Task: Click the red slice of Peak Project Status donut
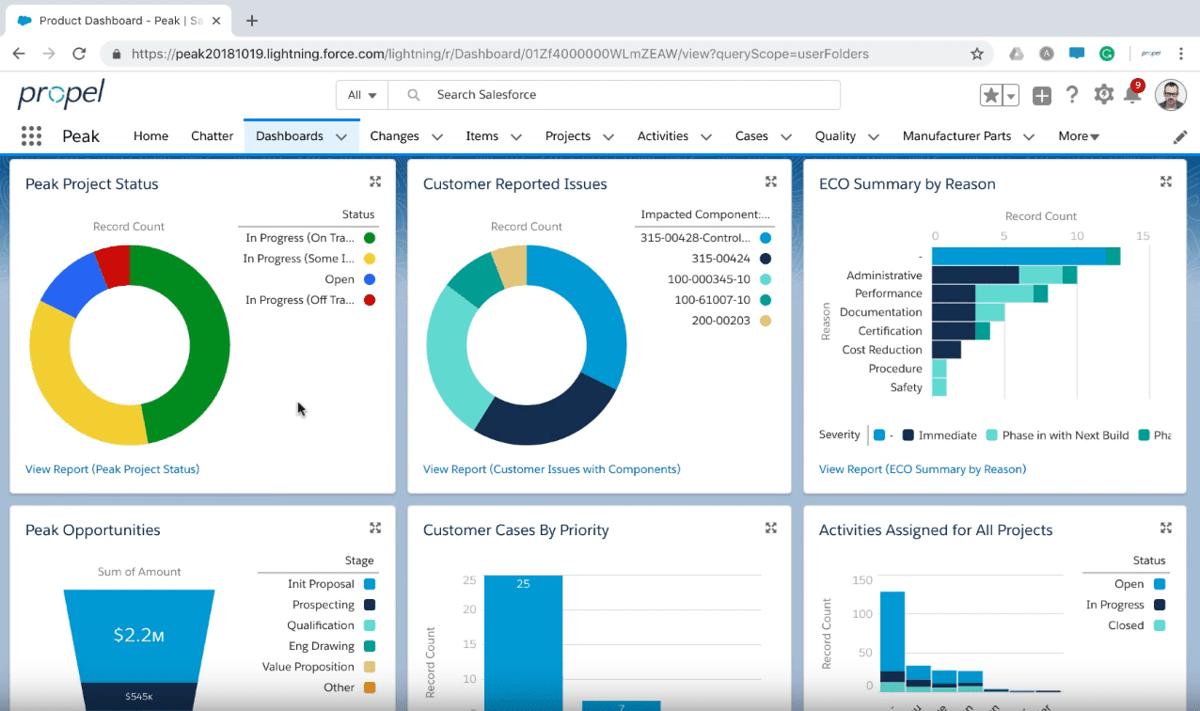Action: [x=114, y=265]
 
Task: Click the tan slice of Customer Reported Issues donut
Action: [x=510, y=265]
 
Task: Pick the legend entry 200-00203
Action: [x=720, y=321]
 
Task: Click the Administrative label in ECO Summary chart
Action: [x=884, y=276]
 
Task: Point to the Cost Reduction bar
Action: [x=946, y=350]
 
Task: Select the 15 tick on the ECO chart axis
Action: [x=1143, y=236]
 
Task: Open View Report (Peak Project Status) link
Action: [x=112, y=469]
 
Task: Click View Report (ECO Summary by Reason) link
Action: [x=922, y=469]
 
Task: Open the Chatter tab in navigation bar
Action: [x=212, y=136]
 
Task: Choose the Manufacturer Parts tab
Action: [x=956, y=136]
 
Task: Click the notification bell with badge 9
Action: [x=1132, y=95]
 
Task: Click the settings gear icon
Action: [x=1103, y=95]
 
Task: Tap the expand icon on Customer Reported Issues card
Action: [x=770, y=182]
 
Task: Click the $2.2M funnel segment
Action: [x=139, y=635]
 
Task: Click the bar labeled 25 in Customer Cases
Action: [x=523, y=640]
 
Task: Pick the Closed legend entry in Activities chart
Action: [x=1126, y=625]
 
